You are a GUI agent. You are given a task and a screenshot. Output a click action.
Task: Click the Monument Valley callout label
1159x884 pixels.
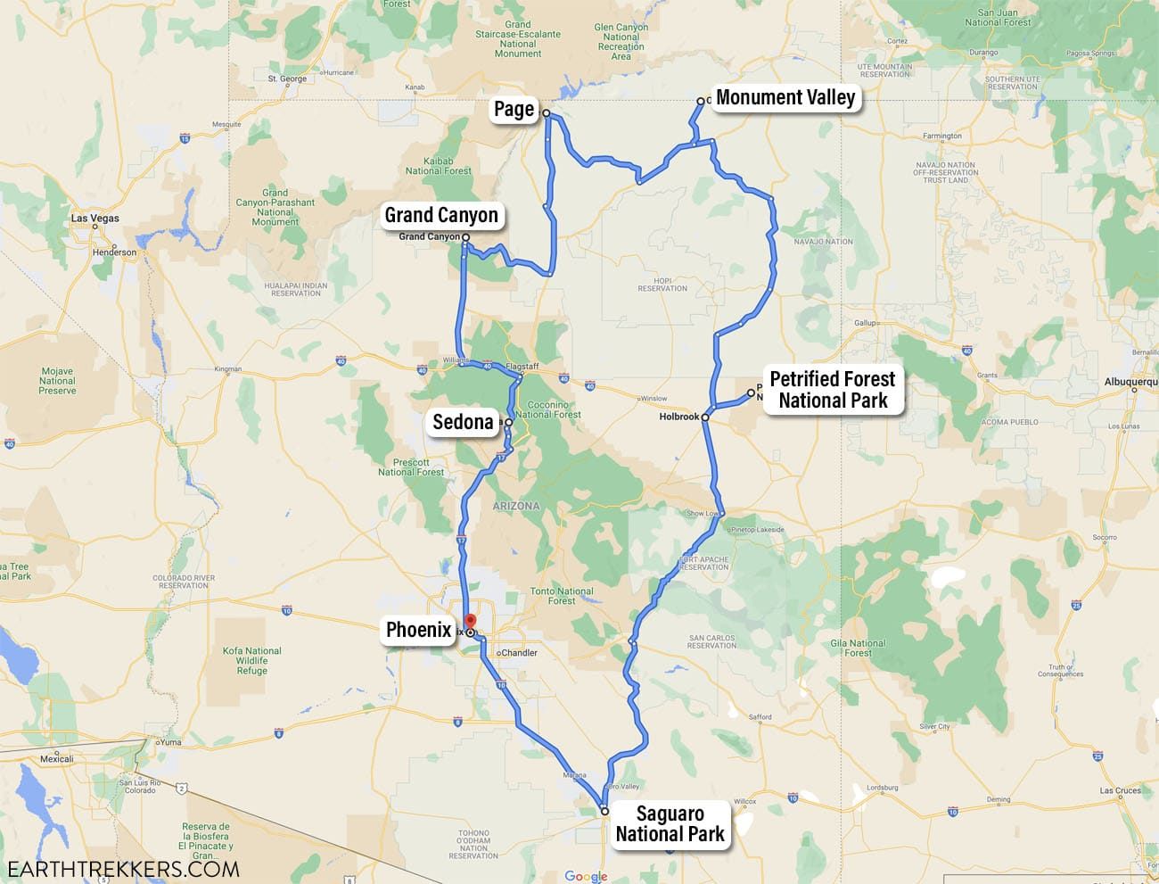(x=785, y=98)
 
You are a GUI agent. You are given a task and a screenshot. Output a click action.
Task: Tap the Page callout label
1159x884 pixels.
(x=514, y=110)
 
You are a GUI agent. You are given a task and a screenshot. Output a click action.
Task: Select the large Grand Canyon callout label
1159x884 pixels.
(x=441, y=215)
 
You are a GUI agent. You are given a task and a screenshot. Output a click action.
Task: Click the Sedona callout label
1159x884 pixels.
(x=463, y=422)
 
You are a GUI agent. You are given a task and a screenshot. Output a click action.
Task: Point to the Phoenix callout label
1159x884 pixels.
(x=418, y=630)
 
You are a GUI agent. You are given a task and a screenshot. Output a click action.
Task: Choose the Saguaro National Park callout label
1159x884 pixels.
(x=670, y=824)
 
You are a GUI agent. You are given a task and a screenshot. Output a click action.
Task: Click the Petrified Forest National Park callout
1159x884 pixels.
(x=833, y=390)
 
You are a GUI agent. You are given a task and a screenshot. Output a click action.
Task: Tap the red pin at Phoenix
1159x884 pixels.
(x=471, y=621)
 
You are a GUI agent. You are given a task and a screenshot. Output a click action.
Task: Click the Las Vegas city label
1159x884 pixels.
(x=95, y=219)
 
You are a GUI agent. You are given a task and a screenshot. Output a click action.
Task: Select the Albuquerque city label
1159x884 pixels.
(x=1130, y=381)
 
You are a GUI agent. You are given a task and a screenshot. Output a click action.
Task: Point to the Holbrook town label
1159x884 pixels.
(x=679, y=417)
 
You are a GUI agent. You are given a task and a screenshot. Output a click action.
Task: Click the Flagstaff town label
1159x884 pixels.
(x=522, y=367)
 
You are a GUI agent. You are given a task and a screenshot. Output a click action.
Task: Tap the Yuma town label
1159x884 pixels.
(x=169, y=741)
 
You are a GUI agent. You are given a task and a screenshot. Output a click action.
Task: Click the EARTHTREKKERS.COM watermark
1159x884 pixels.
(x=123, y=868)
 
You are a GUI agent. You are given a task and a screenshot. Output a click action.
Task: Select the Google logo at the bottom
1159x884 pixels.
(x=586, y=876)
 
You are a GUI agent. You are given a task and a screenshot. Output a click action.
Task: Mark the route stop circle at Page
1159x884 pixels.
(x=547, y=113)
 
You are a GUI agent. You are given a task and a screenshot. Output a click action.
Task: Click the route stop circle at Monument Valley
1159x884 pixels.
(x=701, y=101)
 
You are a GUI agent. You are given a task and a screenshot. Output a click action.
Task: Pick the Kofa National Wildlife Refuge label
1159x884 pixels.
(x=251, y=661)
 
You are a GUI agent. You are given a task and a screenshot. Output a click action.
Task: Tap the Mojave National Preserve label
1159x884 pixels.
(x=57, y=381)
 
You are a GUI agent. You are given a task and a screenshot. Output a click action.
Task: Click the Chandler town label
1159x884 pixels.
(x=519, y=653)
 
